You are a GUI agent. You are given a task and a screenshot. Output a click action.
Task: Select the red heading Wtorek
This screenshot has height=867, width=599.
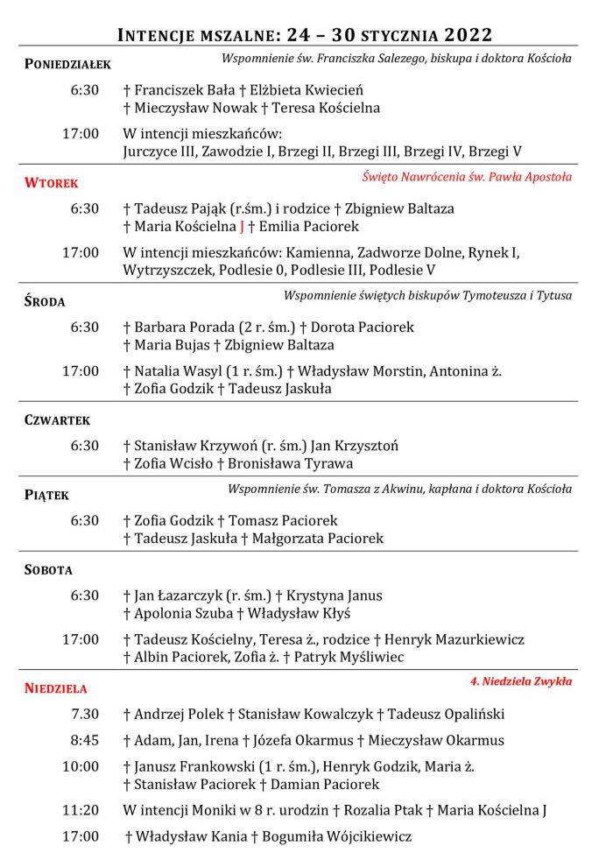(x=52, y=183)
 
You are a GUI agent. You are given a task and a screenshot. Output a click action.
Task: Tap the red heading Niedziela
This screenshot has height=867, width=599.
(x=56, y=688)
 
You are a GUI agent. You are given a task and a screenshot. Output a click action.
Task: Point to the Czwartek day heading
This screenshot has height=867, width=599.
(x=58, y=420)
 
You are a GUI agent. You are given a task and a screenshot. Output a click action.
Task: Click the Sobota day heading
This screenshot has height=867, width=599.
(x=49, y=570)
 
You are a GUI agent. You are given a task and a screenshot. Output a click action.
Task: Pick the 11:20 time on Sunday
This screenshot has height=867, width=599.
(x=81, y=810)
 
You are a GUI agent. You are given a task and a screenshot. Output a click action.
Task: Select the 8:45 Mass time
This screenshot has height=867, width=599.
(x=84, y=740)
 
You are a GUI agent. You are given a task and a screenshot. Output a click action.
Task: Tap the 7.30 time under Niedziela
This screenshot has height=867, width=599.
(x=84, y=714)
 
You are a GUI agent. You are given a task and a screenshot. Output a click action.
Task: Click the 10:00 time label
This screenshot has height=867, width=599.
(x=81, y=766)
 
